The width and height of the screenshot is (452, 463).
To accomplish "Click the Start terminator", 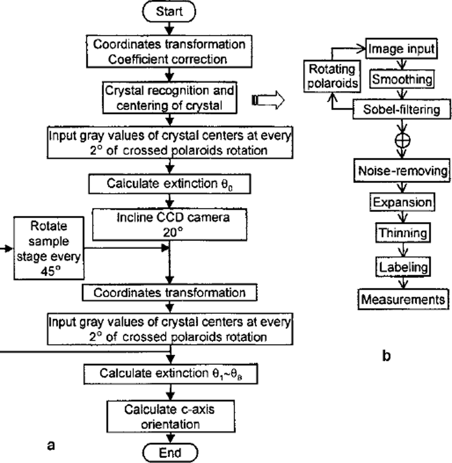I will pyautogui.click(x=169, y=11).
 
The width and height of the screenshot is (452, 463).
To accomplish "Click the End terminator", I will pyautogui.click(x=170, y=453).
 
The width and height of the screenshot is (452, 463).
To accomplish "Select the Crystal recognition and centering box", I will pyautogui.click(x=169, y=98).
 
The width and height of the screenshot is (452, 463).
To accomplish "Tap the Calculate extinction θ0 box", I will pyautogui.click(x=169, y=184).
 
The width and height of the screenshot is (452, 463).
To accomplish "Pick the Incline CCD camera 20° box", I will pyautogui.click(x=169, y=225).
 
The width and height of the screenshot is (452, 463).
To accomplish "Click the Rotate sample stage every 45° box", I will pyautogui.click(x=49, y=248).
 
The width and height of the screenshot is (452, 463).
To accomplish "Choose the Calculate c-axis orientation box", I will pyautogui.click(x=170, y=416).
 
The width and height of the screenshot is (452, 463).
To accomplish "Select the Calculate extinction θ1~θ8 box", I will pyautogui.click(x=170, y=374).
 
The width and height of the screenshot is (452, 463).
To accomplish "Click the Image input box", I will pyautogui.click(x=401, y=49).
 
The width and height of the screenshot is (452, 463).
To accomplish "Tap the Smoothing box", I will pyautogui.click(x=402, y=79).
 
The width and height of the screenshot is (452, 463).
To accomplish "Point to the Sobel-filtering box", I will pyautogui.click(x=401, y=110).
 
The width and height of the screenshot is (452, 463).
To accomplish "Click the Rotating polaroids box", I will pyautogui.click(x=332, y=76).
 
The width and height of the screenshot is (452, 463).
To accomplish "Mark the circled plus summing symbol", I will pyautogui.click(x=402, y=140).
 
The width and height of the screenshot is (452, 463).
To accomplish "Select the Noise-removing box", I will pyautogui.click(x=402, y=170).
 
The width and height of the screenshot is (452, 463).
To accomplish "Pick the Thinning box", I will pyautogui.click(x=403, y=233).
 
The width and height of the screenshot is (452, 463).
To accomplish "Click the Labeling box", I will pyautogui.click(x=403, y=267).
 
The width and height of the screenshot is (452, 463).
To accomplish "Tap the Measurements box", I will pyautogui.click(x=403, y=299).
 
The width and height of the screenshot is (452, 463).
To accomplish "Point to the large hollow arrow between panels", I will pyautogui.click(x=268, y=100).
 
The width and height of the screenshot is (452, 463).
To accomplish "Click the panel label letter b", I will pyautogui.click(x=386, y=356).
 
